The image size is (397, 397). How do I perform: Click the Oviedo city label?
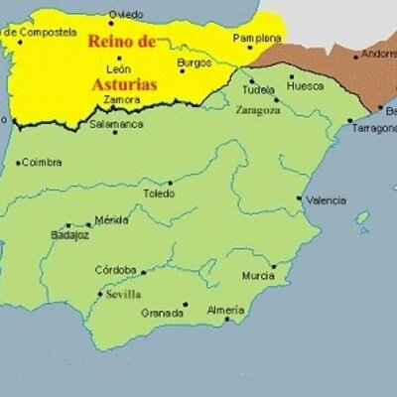click(125, 14)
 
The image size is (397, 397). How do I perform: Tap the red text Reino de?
click(120, 42)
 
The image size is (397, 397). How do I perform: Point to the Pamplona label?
click(256, 38)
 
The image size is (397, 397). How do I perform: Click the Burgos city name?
click(194, 64)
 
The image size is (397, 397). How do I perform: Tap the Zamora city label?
click(121, 100)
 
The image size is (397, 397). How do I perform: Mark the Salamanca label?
click(116, 125)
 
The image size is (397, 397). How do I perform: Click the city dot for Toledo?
click(171, 183)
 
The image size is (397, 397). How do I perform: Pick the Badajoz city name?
click(68, 235)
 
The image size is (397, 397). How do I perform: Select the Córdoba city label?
click(115, 269)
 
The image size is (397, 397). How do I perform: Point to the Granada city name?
click(161, 313)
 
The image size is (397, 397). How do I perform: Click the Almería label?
click(225, 310)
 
